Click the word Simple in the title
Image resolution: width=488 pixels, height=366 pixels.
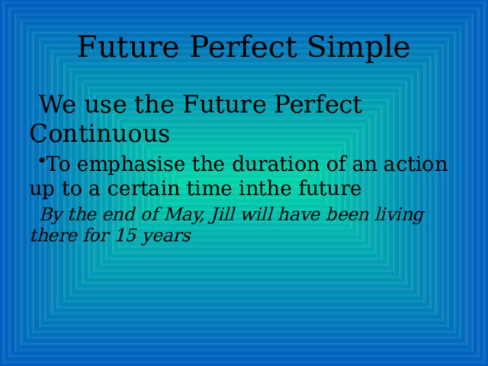point(358,47)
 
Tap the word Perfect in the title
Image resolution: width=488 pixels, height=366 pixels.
point(243,47)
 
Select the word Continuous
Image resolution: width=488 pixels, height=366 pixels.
point(100,133)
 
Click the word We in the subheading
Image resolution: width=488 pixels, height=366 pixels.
point(58,104)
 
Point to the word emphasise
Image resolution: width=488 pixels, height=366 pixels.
point(131,165)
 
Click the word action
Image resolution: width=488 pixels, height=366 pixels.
point(416,164)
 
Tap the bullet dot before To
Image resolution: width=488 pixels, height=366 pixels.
point(42,160)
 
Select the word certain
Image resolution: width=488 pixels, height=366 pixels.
point(143,188)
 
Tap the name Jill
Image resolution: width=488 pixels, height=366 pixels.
point(222,215)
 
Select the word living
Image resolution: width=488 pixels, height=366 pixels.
point(400,215)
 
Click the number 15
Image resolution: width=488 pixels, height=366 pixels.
point(126,236)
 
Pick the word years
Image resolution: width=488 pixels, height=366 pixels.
point(166,236)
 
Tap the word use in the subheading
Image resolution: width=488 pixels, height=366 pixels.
point(105,105)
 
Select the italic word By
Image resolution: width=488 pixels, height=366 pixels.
point(52,215)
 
